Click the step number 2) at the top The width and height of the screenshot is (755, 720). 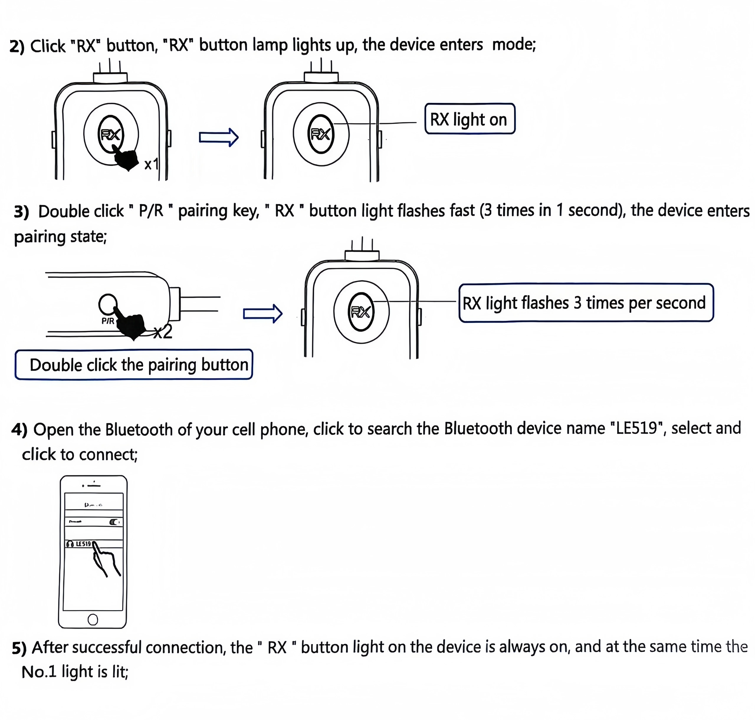(x=17, y=46)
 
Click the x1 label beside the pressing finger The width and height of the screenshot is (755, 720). (x=151, y=164)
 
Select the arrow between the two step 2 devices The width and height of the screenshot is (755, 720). (x=218, y=137)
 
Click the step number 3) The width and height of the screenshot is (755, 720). (x=22, y=212)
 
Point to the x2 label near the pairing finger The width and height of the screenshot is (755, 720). (x=163, y=332)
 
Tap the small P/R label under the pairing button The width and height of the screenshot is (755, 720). (x=107, y=321)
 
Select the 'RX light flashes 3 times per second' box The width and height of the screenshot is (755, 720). (x=586, y=303)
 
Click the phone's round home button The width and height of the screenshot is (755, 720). (x=92, y=619)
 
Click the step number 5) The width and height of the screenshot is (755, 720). (x=19, y=648)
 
